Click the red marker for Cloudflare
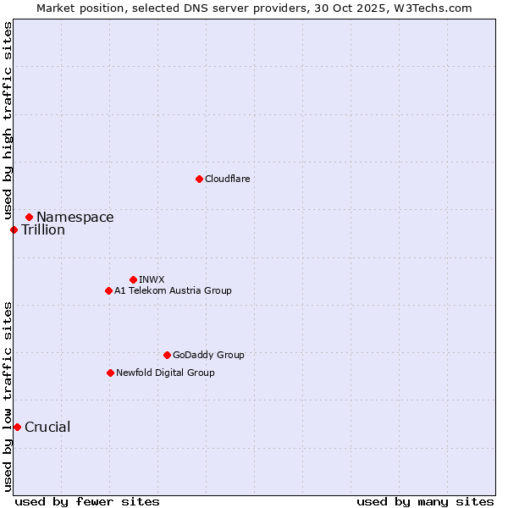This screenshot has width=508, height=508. click(199, 179)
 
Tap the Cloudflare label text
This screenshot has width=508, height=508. click(227, 179)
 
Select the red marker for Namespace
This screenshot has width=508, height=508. click(29, 218)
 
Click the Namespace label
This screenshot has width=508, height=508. click(75, 218)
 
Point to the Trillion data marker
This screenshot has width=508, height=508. click(14, 229)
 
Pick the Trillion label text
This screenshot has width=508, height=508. click(43, 230)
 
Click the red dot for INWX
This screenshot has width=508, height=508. click(133, 279)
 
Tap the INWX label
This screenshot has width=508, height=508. click(152, 279)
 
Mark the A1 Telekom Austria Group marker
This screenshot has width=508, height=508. click(108, 290)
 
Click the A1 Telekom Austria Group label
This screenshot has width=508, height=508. click(173, 290)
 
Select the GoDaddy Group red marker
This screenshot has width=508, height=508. click(167, 355)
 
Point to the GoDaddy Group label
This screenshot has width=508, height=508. click(208, 355)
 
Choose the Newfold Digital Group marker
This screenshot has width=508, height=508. click(110, 373)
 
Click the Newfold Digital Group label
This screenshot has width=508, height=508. click(165, 373)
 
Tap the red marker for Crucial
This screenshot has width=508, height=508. click(17, 427)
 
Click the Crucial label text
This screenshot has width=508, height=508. click(47, 428)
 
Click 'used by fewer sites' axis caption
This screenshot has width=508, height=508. click(87, 501)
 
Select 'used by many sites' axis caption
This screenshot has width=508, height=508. click(425, 501)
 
